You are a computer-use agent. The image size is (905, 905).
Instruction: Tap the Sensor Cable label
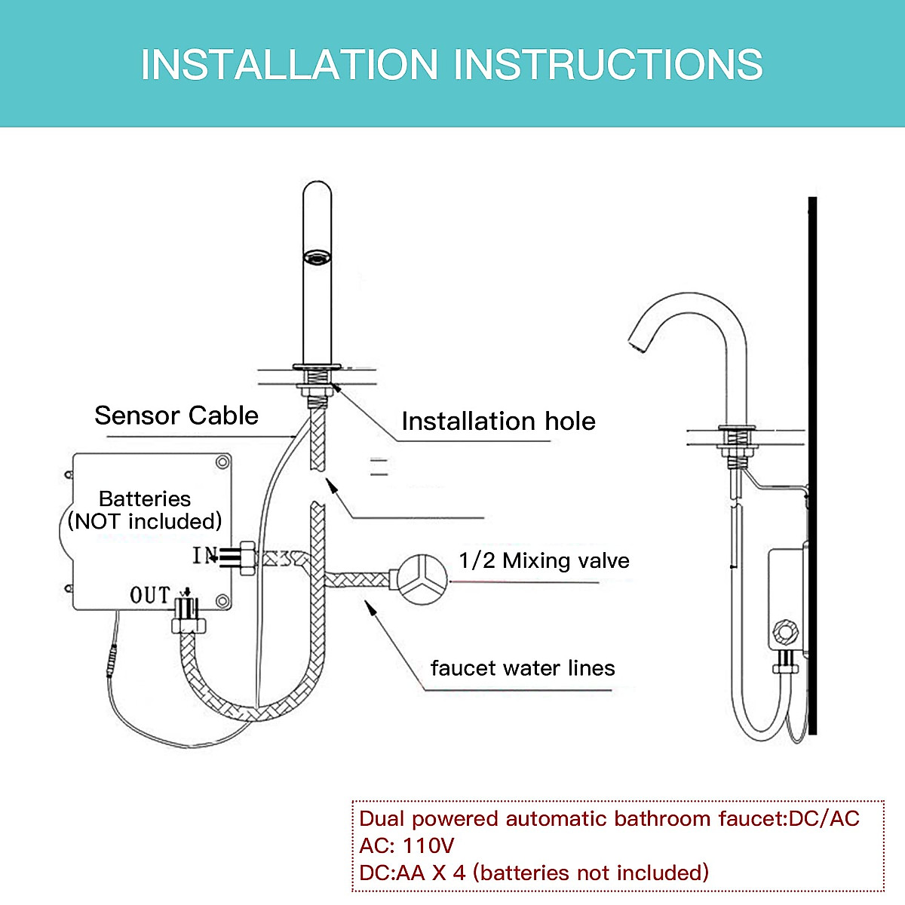[176, 416]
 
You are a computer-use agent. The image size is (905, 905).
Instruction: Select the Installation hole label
[498, 421]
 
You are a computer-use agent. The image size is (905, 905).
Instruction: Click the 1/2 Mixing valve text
[544, 560]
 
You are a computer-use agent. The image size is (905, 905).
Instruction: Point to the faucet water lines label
[522, 668]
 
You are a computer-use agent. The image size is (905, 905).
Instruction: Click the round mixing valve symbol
[422, 579]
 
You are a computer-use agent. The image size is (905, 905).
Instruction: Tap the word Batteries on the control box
[145, 499]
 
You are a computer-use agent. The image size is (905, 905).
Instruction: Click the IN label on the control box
[203, 556]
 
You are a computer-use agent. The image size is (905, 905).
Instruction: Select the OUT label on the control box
[150, 595]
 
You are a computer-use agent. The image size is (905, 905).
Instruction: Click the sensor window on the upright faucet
[318, 258]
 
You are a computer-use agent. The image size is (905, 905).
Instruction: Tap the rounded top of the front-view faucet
[317, 190]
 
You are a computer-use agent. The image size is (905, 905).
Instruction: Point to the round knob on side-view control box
[785, 633]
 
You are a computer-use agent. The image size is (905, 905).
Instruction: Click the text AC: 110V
[406, 845]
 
